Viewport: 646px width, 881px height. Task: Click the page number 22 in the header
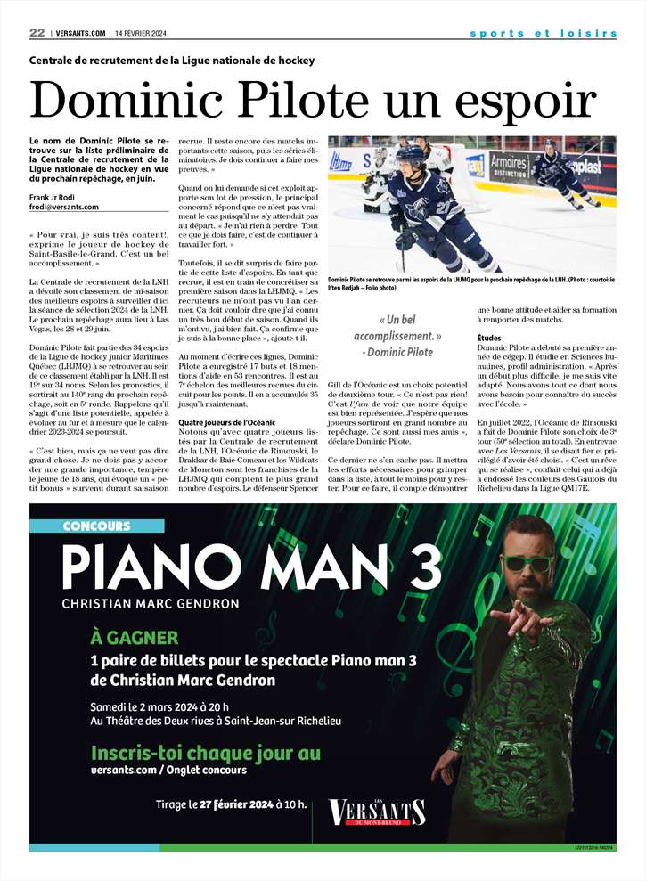(x=37, y=33)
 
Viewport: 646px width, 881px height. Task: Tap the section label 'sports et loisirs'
(x=544, y=34)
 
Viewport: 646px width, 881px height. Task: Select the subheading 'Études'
(x=489, y=338)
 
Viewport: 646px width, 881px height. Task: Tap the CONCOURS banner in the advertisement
(x=97, y=526)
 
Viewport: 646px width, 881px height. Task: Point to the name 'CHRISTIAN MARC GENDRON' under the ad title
(x=151, y=603)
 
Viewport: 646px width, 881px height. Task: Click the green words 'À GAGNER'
(x=135, y=637)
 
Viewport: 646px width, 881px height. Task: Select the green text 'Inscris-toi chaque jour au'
(x=205, y=753)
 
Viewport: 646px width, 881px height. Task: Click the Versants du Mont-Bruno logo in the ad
(x=377, y=812)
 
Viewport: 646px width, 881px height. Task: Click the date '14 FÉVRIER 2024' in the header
(x=142, y=34)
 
